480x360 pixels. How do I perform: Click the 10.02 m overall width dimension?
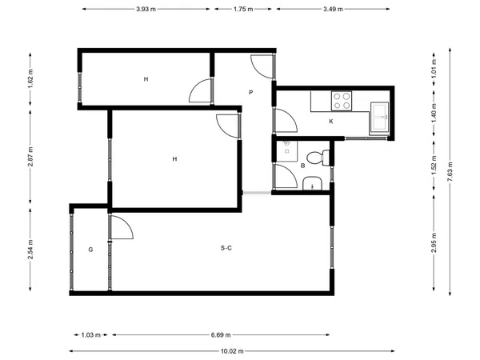point(232,351)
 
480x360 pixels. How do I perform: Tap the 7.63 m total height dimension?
point(450,171)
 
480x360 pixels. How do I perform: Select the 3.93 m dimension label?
point(146,9)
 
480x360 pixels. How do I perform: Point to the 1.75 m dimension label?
point(243,9)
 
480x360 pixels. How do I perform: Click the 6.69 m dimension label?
point(221,335)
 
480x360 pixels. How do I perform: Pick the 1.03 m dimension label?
point(91,335)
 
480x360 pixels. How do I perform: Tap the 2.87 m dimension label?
point(30,157)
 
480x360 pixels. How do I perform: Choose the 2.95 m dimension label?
point(434,242)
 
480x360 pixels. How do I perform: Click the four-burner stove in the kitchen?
point(342,101)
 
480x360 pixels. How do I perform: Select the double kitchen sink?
point(379,118)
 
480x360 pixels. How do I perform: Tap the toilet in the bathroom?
point(318,158)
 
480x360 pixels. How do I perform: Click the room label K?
point(331,122)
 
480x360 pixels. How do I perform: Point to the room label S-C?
point(226,248)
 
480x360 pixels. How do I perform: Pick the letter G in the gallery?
point(90,250)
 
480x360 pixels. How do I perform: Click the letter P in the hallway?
point(251,93)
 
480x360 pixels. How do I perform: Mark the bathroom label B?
point(302,166)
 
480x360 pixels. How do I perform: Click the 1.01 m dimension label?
point(434,68)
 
